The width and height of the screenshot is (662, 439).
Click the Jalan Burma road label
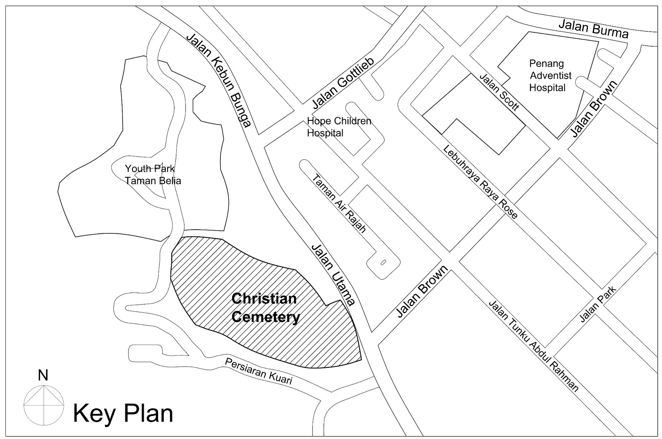[x=593, y=29]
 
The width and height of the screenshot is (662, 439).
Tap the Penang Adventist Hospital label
[x=547, y=76]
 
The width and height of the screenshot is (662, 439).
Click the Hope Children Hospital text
[x=339, y=127]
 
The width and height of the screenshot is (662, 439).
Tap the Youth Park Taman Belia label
[x=153, y=175]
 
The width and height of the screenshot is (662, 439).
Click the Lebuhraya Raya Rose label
[x=480, y=182]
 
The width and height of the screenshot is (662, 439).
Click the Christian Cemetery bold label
[x=265, y=308]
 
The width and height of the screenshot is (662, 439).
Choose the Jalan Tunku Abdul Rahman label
[x=533, y=345]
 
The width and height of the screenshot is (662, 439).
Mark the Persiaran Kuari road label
[x=258, y=371]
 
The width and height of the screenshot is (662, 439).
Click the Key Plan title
[x=123, y=414]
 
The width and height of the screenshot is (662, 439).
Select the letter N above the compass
[x=43, y=375]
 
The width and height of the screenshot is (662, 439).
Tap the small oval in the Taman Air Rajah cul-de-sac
[x=382, y=262]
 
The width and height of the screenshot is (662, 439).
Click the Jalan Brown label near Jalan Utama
[x=422, y=292]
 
